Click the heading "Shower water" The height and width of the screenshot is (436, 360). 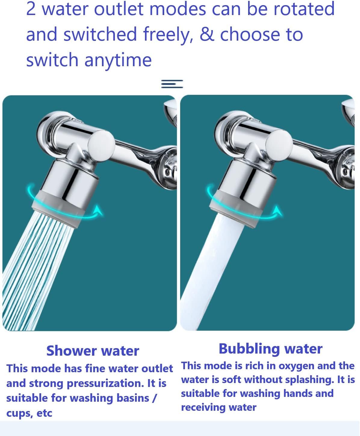pos(93,351)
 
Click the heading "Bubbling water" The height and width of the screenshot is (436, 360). pos(270,349)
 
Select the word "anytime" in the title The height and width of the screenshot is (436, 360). pos(118,60)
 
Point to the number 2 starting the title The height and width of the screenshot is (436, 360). pos(31,9)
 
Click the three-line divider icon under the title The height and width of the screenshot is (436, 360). pos(172,84)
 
